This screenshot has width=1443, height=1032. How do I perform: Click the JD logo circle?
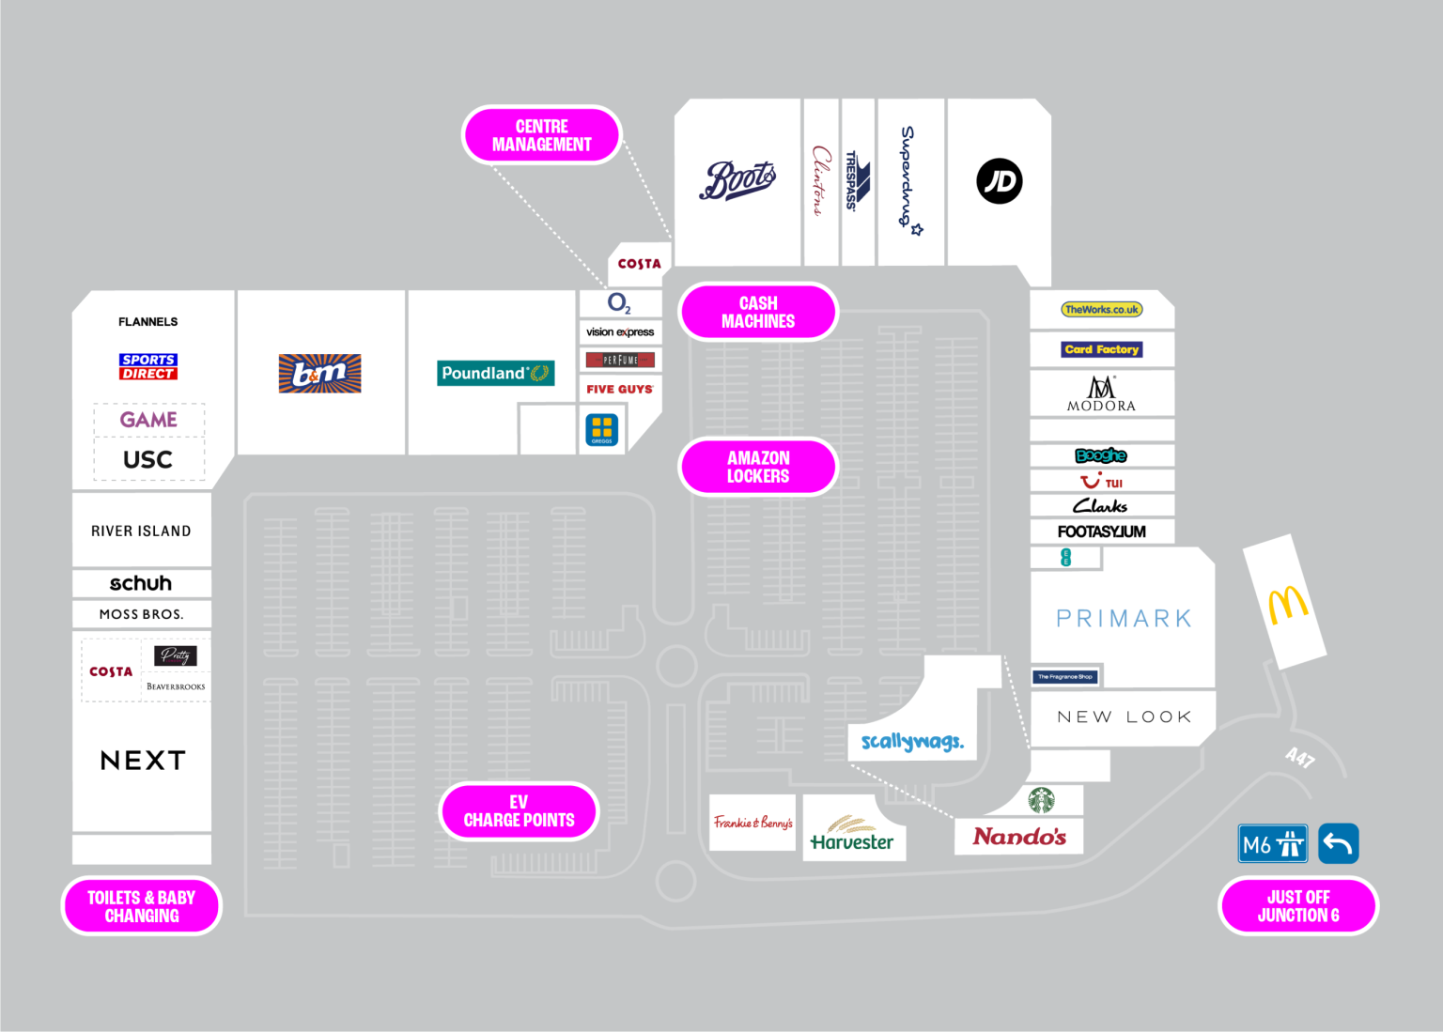pos(999,181)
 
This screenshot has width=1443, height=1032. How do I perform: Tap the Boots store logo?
pos(737,180)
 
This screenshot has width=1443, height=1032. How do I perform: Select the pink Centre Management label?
pos(542,135)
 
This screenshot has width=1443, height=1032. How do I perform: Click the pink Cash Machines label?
pos(758,312)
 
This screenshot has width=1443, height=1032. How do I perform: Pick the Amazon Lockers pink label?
pos(758,467)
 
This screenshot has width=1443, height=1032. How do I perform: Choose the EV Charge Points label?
pos(519,811)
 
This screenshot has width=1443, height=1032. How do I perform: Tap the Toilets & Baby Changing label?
pos(142,906)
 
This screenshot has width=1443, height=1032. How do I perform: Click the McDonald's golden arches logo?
pos(1287,605)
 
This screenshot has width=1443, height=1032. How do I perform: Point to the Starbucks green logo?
pos(1041,800)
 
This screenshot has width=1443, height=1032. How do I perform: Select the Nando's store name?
pos(1019,836)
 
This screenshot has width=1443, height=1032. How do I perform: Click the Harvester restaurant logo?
pos(852,834)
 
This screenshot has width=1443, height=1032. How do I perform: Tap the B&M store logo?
pos(319,374)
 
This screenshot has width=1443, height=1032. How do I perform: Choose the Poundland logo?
pos(495,373)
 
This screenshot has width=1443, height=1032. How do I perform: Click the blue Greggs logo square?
pos(602,430)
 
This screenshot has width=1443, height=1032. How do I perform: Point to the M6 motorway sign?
pos(1273,844)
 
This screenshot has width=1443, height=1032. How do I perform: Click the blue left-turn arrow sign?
pos(1339,843)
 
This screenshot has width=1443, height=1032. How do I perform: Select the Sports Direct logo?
pos(148,366)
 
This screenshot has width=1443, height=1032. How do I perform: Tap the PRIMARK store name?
pos(1124,619)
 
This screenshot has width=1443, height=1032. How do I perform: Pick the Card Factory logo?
pos(1102,349)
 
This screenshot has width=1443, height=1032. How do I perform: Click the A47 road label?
pos(1300,757)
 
